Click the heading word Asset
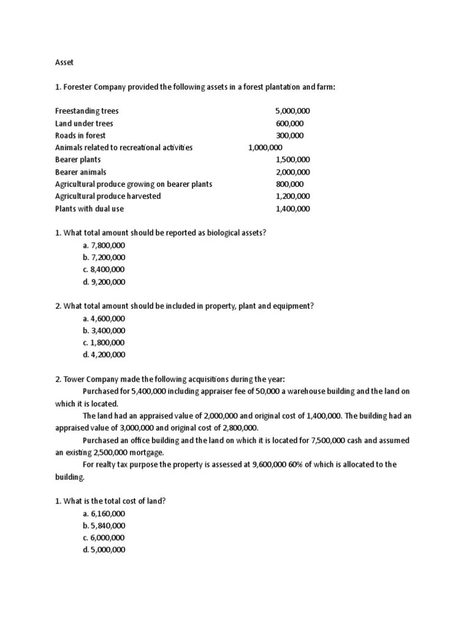(x=65, y=62)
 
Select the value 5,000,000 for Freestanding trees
(x=293, y=111)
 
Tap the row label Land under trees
(x=84, y=123)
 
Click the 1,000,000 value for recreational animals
(x=265, y=148)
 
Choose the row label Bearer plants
(x=78, y=160)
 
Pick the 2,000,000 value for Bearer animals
(x=293, y=172)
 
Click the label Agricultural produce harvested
(x=108, y=197)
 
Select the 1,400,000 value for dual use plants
(x=293, y=209)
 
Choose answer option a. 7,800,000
(x=103, y=245)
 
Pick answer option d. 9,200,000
(x=103, y=282)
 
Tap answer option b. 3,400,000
(x=103, y=331)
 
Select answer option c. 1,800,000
(x=103, y=343)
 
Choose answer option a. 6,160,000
(x=103, y=513)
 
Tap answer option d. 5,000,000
(x=103, y=550)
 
